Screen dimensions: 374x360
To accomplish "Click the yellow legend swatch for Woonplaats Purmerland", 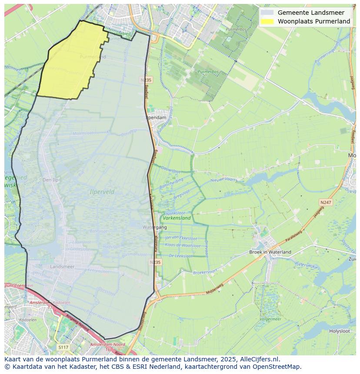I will pos(267,21).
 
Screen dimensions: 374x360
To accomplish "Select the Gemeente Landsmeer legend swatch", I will pos(267,13).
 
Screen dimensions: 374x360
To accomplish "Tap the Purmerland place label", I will pos(93,57).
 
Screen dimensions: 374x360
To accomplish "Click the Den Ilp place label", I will pos(50,180).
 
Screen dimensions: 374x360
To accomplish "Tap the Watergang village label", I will pos(154,227).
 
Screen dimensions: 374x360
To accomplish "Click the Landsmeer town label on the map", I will pos(62,266).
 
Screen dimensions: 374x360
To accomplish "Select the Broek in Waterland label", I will pos(270,252).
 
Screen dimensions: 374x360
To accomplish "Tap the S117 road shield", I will pos(63,347).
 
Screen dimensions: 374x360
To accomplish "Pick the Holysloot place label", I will pos(340,331).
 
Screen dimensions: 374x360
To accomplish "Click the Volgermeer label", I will pos(270,319).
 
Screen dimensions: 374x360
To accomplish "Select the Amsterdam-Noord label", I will pos(107,344).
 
